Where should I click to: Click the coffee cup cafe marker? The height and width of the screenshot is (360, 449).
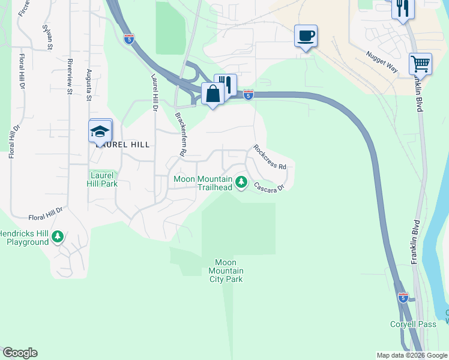306,37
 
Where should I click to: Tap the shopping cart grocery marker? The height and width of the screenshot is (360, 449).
420,64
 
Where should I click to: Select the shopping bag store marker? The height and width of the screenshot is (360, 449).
212,94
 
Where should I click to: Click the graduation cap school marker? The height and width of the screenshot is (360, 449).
100,131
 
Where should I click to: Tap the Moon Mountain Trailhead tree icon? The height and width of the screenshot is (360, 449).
241,181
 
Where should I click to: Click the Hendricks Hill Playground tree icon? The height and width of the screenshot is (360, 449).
58,236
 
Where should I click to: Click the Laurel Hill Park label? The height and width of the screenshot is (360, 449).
103,179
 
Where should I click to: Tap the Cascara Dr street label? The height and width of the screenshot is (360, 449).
268,187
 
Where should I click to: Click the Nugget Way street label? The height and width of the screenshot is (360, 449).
382,62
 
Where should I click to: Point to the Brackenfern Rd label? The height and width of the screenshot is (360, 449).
179,133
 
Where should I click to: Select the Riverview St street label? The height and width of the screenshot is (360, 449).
70,76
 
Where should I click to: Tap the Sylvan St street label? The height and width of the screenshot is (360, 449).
47,37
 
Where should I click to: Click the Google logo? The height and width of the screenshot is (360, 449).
20,353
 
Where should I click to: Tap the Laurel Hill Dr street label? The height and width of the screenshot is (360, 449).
154,94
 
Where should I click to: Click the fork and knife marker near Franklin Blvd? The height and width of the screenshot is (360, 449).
402,8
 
